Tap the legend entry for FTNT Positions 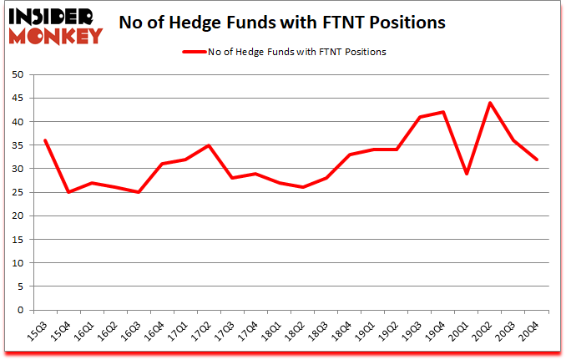pyautogui.click(x=284, y=52)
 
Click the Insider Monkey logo pyautogui.click(x=55, y=25)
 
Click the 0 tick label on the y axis pyautogui.click(x=18, y=310)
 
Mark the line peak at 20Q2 pyautogui.click(x=490, y=103)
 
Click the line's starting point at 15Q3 pyautogui.click(x=44, y=140)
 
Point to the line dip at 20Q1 pyautogui.click(x=467, y=173)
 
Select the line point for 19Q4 pyautogui.click(x=443, y=112)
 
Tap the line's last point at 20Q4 pyautogui.click(x=537, y=160)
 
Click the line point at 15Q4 pyautogui.click(x=68, y=192)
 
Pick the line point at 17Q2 pyautogui.click(x=209, y=145)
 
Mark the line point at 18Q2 pyautogui.click(x=302, y=187)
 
